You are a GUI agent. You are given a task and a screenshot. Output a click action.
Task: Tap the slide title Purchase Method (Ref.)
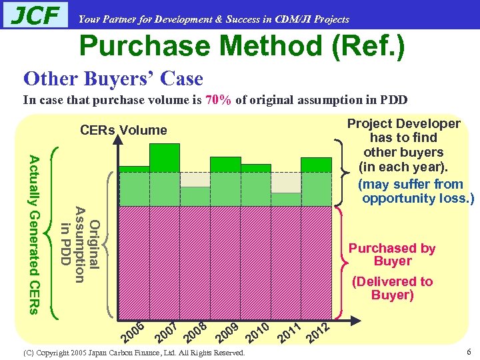pyautogui.click(x=241, y=46)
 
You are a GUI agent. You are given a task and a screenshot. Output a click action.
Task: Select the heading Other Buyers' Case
pyautogui.click(x=113, y=79)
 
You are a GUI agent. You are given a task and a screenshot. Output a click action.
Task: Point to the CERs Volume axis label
pyautogui.click(x=123, y=130)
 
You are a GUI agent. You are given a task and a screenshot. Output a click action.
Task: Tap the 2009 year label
pyautogui.click(x=227, y=329)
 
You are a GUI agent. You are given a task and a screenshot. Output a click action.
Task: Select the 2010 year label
pyautogui.click(x=257, y=329)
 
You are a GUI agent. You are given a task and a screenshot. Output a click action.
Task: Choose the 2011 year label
pyautogui.click(x=288, y=331)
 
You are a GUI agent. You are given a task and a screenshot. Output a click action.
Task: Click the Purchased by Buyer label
pyautogui.click(x=392, y=255)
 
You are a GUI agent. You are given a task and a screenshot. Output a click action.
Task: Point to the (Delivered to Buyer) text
pyautogui.click(x=392, y=288)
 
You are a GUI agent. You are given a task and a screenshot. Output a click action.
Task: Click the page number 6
pyautogui.click(x=469, y=352)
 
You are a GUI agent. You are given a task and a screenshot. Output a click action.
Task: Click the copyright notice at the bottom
pyautogui.click(x=133, y=353)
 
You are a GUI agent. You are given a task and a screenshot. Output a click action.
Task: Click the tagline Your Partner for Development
pyautogui.click(x=213, y=19)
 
